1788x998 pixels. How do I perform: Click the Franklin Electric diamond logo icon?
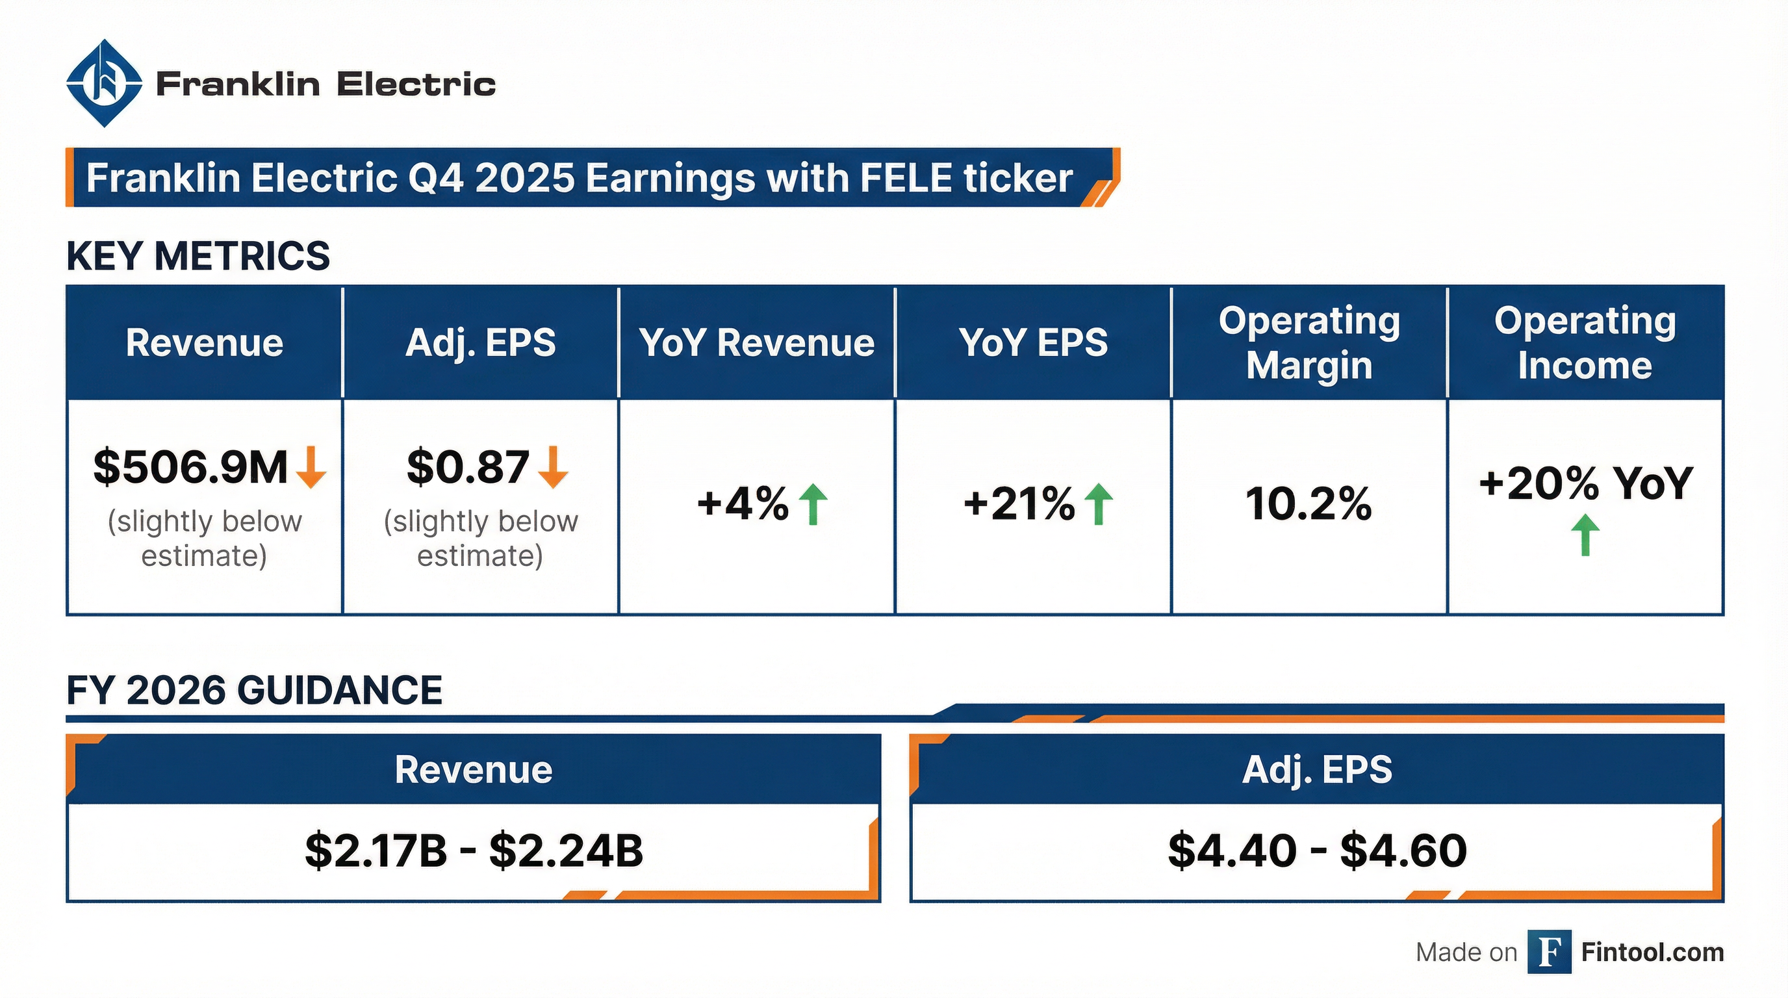tap(104, 83)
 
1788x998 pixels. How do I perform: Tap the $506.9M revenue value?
tap(190, 467)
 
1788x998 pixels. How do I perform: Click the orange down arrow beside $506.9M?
tap(311, 467)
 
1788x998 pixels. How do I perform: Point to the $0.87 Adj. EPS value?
tap(468, 467)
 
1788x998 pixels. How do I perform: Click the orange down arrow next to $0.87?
tap(553, 467)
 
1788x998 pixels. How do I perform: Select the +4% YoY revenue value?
tap(743, 503)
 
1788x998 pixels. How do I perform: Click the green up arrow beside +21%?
tap(1098, 504)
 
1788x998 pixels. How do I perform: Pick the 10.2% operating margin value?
tap(1309, 503)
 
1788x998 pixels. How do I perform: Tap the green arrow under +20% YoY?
tap(1585, 535)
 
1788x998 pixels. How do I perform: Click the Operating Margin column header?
tap(1309, 343)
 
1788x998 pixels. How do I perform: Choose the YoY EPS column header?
tap(1033, 343)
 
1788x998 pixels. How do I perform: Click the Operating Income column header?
tap(1585, 343)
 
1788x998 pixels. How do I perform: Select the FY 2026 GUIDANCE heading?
tap(254, 690)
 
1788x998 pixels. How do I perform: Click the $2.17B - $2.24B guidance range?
tap(474, 850)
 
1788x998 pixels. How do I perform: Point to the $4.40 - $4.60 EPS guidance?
tap(1317, 850)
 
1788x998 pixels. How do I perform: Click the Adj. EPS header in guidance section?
tap(1317, 769)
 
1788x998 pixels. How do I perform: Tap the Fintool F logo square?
tap(1549, 953)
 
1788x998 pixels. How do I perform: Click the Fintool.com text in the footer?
tap(1652, 953)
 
